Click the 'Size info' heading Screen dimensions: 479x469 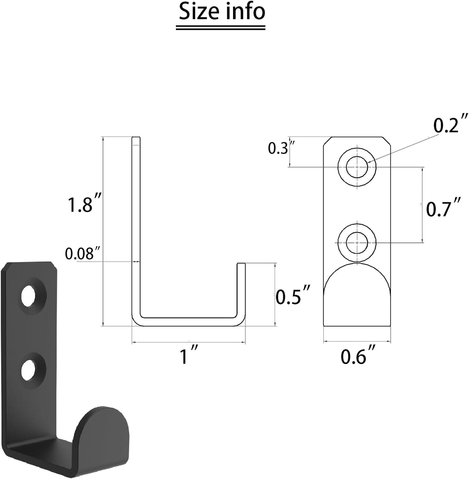pos(222,12)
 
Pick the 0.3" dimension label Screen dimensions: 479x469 pos(278,148)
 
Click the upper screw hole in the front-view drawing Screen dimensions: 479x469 pos(357,167)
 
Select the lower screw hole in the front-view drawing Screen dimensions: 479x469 pos(357,242)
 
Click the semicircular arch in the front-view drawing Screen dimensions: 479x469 pos(357,279)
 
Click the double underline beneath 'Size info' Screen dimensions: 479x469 pos(220,28)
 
